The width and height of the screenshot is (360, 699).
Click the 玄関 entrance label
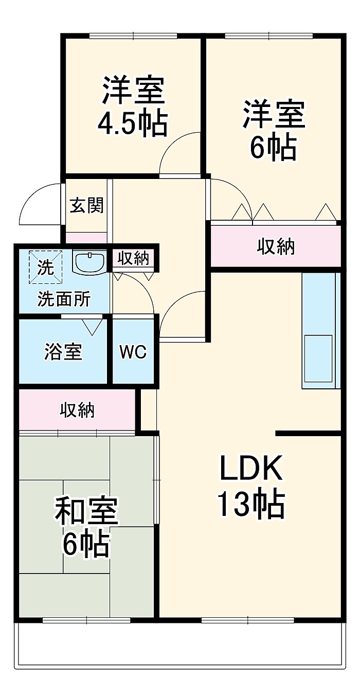point(86,205)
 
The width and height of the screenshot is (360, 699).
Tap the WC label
point(133,352)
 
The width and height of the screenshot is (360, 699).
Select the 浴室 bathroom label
point(63,351)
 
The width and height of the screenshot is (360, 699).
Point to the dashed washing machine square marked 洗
point(46,267)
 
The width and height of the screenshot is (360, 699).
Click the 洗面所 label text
point(64,299)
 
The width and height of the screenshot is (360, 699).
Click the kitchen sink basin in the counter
point(318,358)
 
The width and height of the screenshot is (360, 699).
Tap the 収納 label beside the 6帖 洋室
point(276,247)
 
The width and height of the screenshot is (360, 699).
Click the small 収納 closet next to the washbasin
point(133,258)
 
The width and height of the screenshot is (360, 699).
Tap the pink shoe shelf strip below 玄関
point(86,238)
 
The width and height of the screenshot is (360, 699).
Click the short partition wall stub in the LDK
point(308,433)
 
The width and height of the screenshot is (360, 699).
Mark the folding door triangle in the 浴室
point(93,327)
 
